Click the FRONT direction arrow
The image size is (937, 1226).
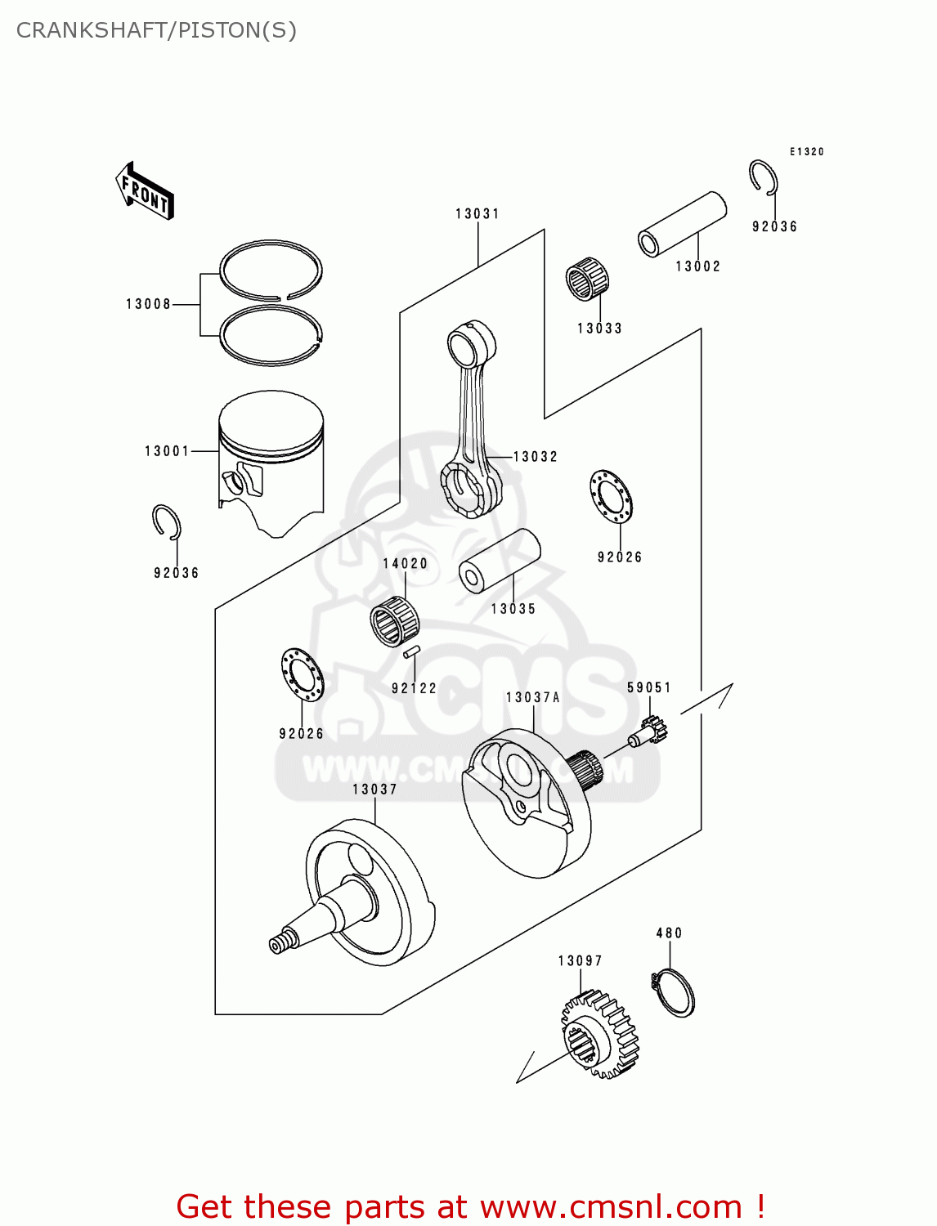click(x=146, y=191)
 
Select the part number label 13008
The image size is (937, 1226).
click(x=148, y=304)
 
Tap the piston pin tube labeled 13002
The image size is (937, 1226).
click(x=682, y=224)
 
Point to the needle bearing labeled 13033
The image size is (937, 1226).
click(x=587, y=279)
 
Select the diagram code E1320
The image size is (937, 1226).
click(x=806, y=152)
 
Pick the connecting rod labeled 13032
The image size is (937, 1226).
click(x=471, y=421)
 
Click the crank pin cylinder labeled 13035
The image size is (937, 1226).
click(x=500, y=561)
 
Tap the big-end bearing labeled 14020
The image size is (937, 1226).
click(x=394, y=621)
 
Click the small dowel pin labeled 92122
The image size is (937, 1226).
click(x=411, y=652)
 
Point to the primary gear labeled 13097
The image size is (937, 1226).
click(x=599, y=1035)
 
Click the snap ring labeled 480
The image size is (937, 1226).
click(x=674, y=992)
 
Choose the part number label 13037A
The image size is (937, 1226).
click(x=532, y=697)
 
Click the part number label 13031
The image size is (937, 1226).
click(x=477, y=214)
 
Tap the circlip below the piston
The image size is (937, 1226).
click(x=167, y=522)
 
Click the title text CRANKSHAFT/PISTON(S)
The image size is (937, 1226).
click(x=156, y=30)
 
